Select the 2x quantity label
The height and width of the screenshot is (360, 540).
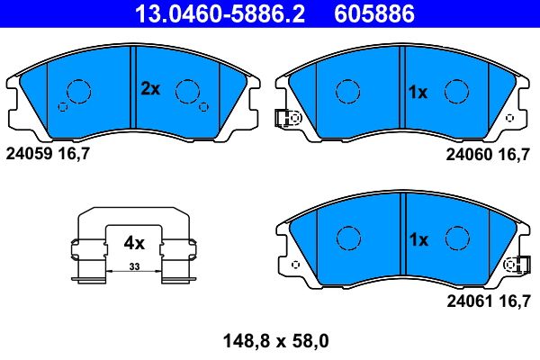(149, 88)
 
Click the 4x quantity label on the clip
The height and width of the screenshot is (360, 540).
(134, 242)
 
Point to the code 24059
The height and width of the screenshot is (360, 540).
(29, 154)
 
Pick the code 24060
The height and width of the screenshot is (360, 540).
(467, 154)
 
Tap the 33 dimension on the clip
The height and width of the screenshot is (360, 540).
(133, 266)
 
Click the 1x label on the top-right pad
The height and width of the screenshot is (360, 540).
(418, 92)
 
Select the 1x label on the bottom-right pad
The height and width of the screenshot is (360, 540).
(418, 239)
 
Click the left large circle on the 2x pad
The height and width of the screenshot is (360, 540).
(79, 90)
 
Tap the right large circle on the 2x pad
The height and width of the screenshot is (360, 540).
(187, 90)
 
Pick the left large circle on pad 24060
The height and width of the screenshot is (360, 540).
(348, 92)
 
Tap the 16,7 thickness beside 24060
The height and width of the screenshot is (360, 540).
(515, 154)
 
